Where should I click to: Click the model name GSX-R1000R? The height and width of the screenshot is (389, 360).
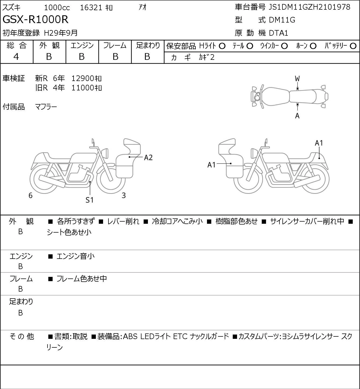point(35,20)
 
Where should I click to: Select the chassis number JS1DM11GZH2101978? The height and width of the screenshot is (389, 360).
point(309,7)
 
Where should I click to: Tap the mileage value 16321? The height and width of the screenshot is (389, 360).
point(91,8)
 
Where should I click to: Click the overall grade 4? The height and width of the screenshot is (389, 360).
point(16,57)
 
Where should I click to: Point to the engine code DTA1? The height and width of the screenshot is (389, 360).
point(278,33)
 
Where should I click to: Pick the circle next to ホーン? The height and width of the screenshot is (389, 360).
point(313,46)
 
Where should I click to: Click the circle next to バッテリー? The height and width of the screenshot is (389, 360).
point(353,46)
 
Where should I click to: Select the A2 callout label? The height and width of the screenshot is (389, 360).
point(148,157)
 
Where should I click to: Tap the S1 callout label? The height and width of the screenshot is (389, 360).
point(89,200)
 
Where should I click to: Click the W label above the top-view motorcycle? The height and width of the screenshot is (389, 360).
point(297,79)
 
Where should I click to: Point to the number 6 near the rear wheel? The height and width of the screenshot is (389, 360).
point(30,195)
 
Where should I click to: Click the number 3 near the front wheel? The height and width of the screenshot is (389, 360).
point(123,195)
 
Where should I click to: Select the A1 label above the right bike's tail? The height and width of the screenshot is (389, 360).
point(319,143)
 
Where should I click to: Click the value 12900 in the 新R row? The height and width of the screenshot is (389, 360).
point(82,78)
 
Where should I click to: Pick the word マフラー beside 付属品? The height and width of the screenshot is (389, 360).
point(46,107)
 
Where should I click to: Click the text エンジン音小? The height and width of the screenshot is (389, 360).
point(75,256)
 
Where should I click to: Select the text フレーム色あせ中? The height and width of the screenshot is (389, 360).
point(82,278)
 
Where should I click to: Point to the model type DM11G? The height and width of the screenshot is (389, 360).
point(282,20)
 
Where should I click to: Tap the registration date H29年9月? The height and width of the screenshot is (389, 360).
point(61,33)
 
